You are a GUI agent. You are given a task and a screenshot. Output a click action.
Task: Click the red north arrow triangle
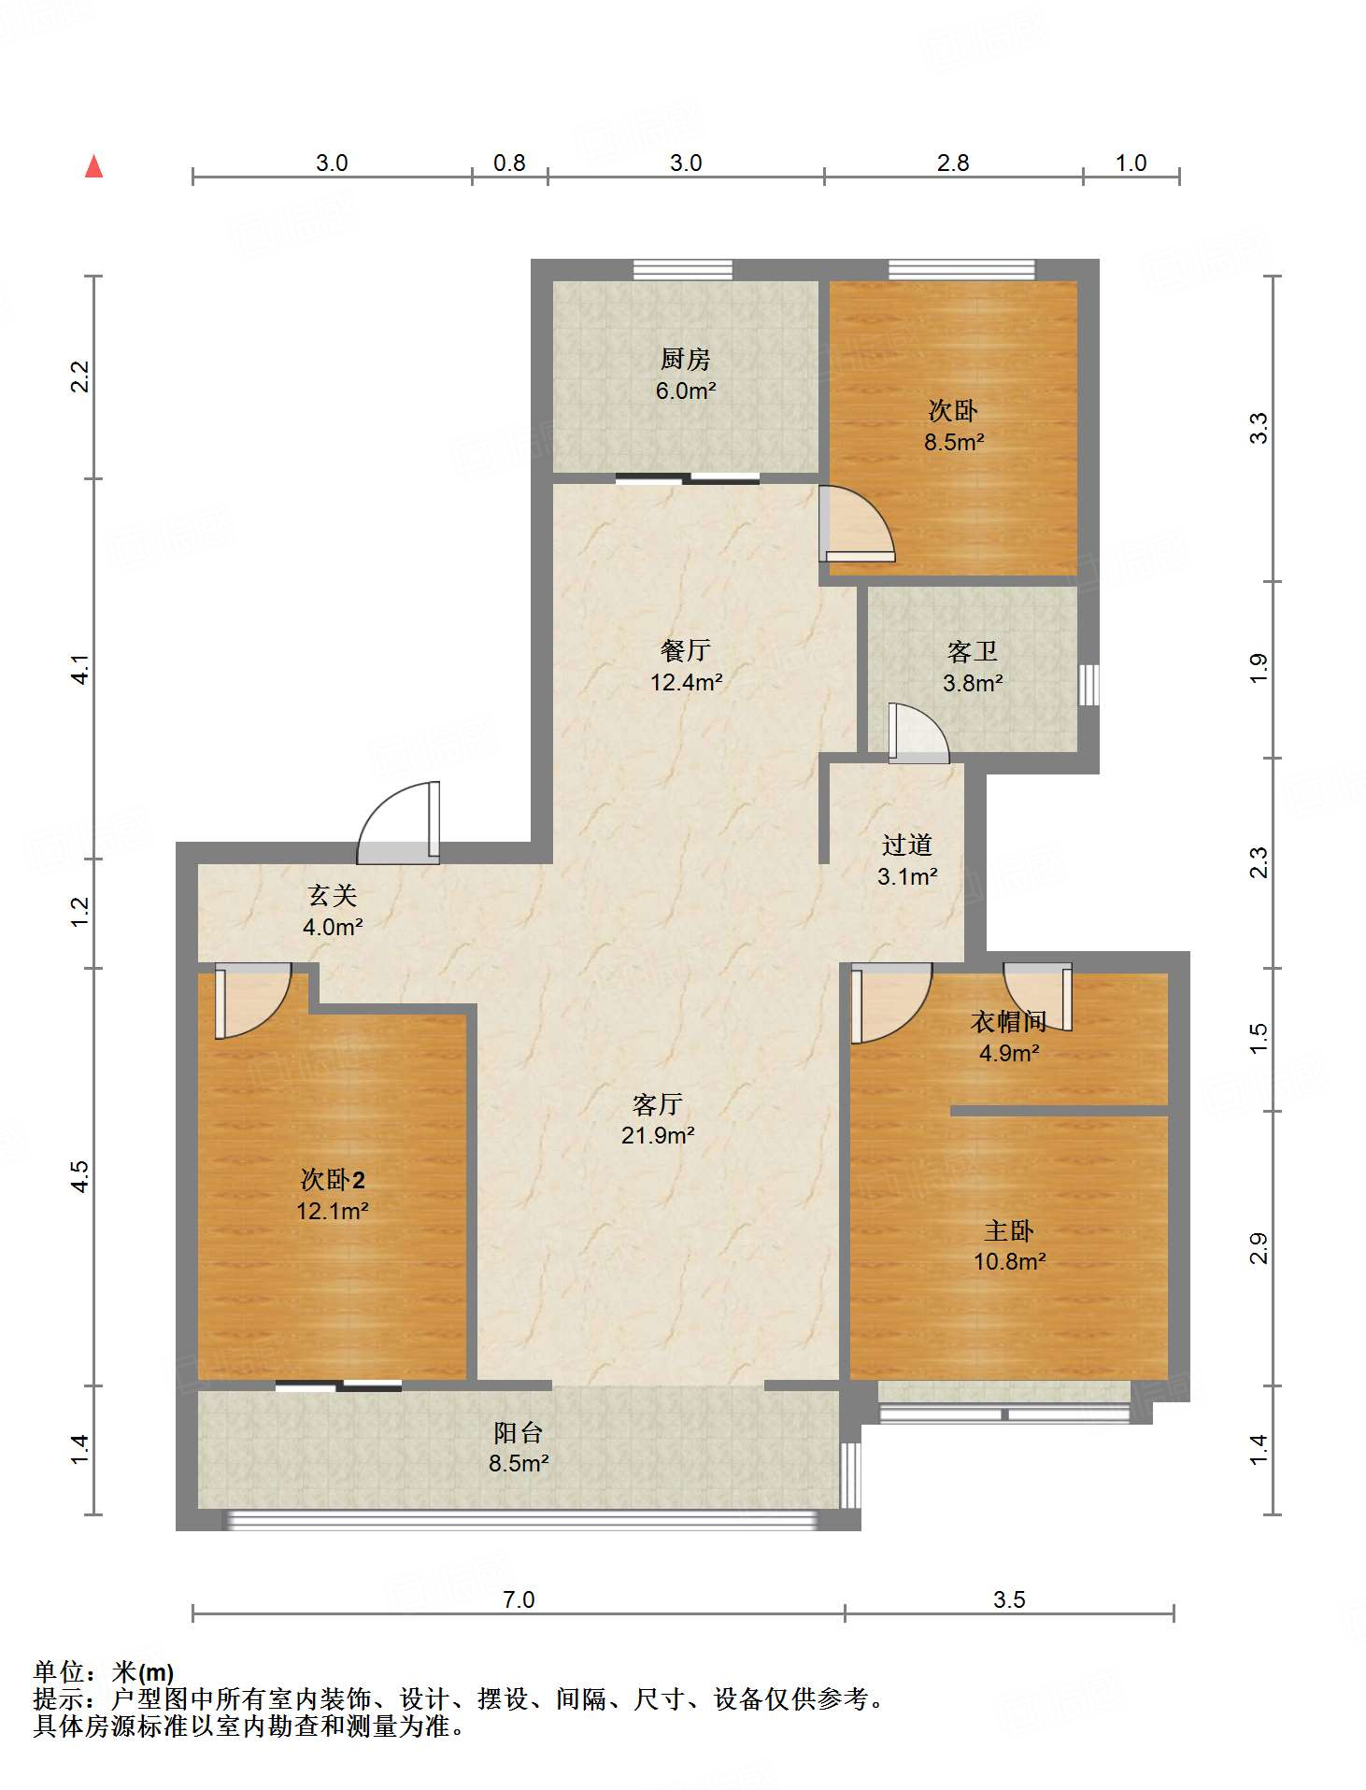point(93,166)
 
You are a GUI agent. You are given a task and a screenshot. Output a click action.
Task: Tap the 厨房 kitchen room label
point(685,359)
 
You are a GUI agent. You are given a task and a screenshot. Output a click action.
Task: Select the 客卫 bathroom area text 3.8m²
point(973,683)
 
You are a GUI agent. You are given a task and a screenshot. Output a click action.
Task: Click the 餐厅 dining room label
point(685,650)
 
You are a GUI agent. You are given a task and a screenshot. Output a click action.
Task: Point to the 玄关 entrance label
point(333,896)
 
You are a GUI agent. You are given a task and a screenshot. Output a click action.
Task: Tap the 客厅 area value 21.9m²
point(658,1136)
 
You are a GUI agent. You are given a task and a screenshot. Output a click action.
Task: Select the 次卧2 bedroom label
point(333,1180)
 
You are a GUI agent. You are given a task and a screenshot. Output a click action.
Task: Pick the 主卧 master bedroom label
point(1009,1230)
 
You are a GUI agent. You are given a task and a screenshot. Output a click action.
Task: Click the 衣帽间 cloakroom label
point(1008,1022)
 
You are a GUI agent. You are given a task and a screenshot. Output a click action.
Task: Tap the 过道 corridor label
point(906,845)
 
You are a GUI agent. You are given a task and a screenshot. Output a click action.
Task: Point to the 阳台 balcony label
point(518,1432)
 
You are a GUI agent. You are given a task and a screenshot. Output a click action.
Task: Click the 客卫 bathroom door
point(918,733)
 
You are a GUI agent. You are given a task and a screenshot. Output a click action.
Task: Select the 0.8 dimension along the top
point(509,163)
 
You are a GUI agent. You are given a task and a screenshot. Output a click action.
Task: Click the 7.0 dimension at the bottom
point(519,1600)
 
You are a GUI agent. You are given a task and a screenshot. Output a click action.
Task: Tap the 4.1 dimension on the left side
point(81,670)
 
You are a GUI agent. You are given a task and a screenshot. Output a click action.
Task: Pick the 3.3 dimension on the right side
point(1259,428)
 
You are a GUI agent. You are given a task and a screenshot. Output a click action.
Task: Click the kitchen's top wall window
point(683,270)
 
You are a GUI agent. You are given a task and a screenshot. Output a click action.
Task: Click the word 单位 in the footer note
point(59,1671)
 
